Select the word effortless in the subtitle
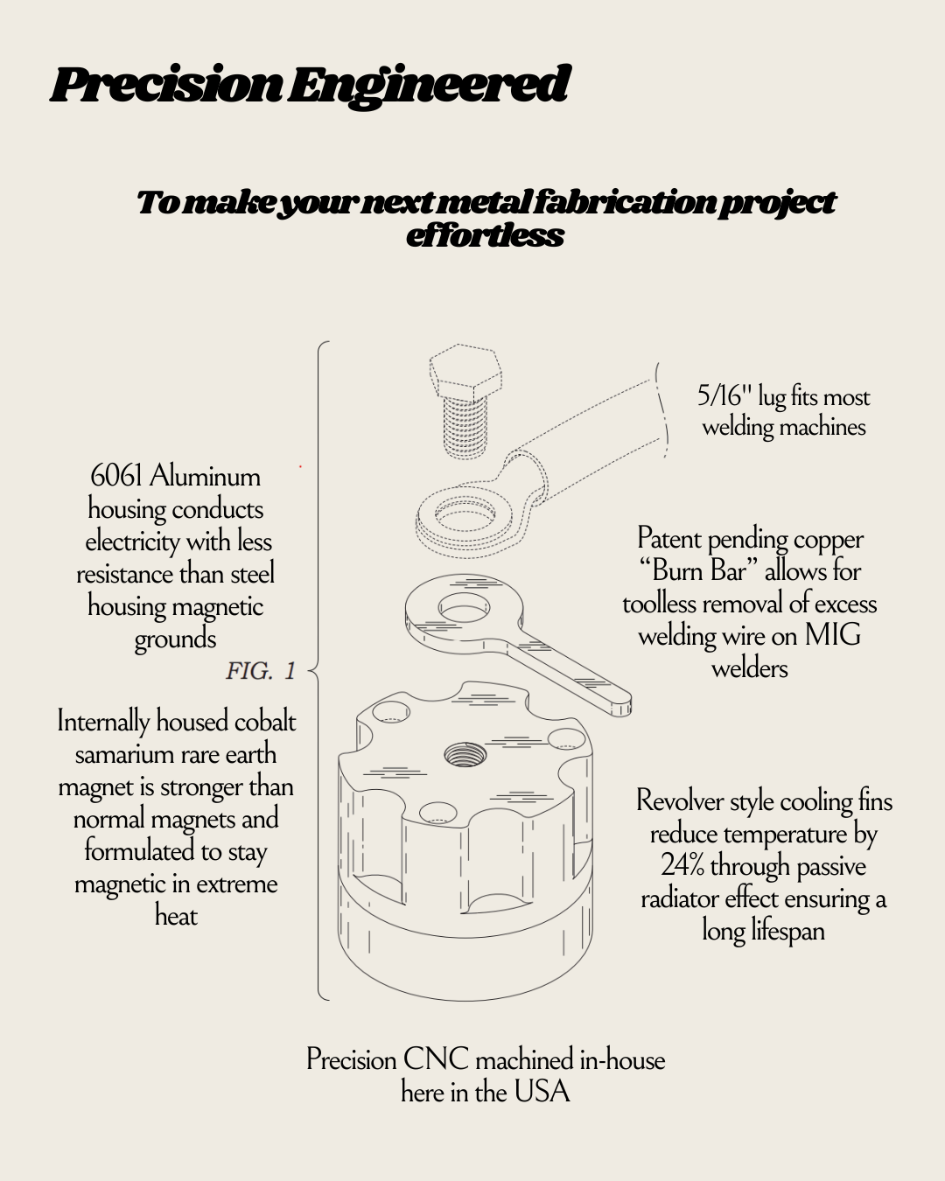(x=485, y=235)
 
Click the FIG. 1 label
(x=261, y=671)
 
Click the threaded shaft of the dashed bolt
(x=465, y=428)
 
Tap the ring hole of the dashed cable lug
(x=465, y=514)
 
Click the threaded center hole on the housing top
(x=465, y=754)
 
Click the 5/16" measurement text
(x=724, y=395)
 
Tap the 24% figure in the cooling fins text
(x=682, y=865)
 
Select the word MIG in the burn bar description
(x=832, y=635)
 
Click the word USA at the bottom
(x=542, y=1092)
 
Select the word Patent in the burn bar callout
(x=668, y=539)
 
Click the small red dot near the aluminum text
(x=300, y=466)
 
